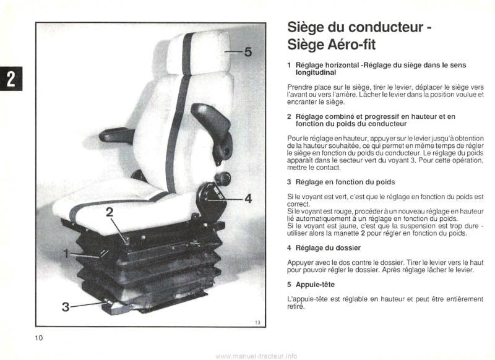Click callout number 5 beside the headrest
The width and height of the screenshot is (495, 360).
(247, 53)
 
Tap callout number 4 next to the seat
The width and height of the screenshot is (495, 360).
(247, 199)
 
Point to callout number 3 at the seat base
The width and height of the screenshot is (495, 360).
(65, 305)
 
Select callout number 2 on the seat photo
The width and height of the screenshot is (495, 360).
(110, 212)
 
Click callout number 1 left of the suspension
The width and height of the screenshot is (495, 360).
(66, 252)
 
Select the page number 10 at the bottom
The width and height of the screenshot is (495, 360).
(39, 337)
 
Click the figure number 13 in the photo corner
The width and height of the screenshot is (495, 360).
(258, 323)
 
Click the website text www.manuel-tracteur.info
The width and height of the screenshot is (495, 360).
(256, 356)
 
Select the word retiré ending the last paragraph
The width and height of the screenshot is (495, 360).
(297, 307)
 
